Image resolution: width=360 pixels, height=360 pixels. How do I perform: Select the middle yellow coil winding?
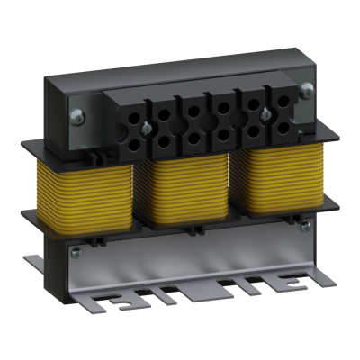click(x=184, y=193)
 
